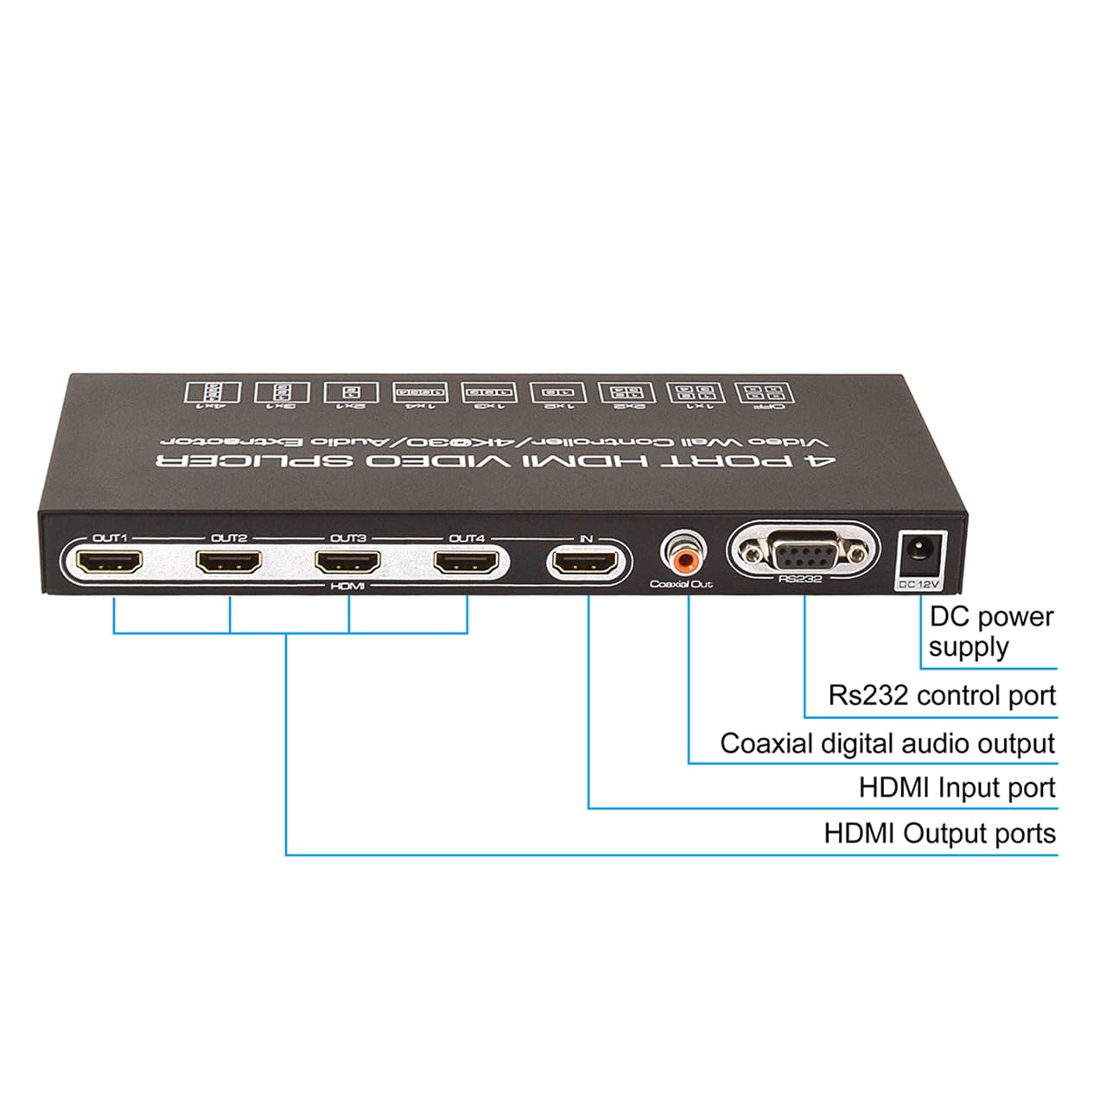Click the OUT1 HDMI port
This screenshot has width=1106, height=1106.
tap(110, 563)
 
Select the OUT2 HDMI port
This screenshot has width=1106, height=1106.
tap(229, 563)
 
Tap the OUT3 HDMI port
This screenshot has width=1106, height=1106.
tap(347, 563)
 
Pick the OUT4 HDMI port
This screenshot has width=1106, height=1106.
tap(467, 563)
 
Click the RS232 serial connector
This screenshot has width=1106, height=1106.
tap(804, 550)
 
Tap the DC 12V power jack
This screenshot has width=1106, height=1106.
tap(919, 552)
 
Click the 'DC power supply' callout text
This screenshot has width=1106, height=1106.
tap(990, 632)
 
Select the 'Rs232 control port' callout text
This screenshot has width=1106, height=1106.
tap(942, 696)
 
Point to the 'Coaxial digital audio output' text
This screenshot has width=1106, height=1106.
tap(887, 744)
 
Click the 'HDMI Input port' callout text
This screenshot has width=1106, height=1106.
tap(957, 788)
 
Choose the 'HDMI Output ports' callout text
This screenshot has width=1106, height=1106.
tap(939, 834)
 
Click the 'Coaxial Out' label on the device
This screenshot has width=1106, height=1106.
tap(682, 586)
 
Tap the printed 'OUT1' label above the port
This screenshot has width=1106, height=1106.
tap(110, 538)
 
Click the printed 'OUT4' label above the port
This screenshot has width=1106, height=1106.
tap(467, 538)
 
